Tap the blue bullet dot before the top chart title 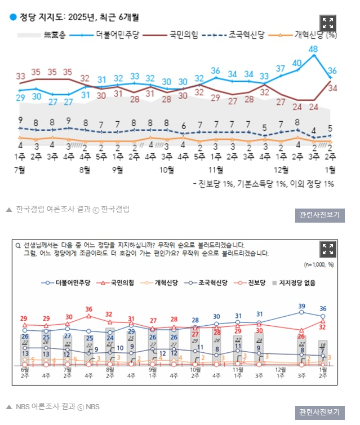tap(12, 17)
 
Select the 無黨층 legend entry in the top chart tap(54, 35)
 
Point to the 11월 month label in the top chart tap(216, 169)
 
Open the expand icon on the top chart tap(328, 23)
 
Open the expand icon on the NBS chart tap(328, 249)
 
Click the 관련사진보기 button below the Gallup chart tap(320, 215)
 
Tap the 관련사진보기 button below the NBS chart tap(320, 412)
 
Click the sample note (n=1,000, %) tap(319, 264)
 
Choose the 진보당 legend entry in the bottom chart tap(256, 283)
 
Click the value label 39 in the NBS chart tap(301, 306)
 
